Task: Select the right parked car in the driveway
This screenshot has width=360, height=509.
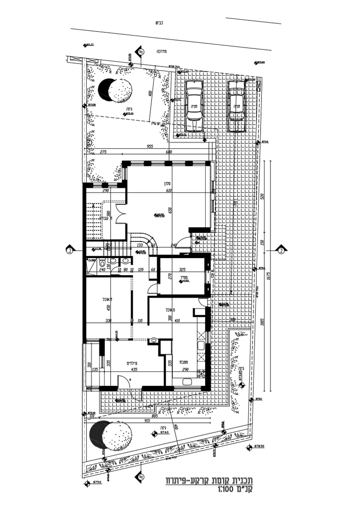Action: coord(236,106)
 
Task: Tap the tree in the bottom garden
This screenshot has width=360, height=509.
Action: coord(110,435)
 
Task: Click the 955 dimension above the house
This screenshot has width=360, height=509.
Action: coord(150,147)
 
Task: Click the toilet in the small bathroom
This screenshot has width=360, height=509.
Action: coord(102,264)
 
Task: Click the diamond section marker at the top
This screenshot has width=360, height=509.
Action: coord(140,52)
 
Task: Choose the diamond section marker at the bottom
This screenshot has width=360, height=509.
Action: coord(140,476)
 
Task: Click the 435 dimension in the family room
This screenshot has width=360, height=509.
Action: coord(133,369)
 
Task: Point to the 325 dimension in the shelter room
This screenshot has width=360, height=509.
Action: coord(182,270)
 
